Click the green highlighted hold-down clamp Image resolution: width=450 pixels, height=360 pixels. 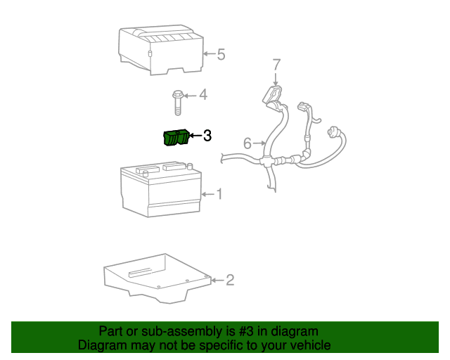click(x=176, y=138)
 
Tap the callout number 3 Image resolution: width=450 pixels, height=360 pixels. click(x=207, y=136)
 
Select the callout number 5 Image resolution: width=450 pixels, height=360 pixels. click(x=221, y=54)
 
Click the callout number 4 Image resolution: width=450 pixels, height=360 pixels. click(x=203, y=95)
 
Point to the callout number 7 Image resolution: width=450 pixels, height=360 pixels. click(x=276, y=65)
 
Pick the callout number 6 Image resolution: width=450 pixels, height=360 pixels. click(x=247, y=143)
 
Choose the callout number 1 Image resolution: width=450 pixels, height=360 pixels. click(x=219, y=194)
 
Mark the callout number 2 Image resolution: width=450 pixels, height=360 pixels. click(x=230, y=280)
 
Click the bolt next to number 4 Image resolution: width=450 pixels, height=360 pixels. click(x=178, y=103)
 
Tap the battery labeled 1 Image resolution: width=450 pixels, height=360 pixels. click(x=161, y=189)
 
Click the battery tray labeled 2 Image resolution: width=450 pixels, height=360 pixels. click(x=157, y=278)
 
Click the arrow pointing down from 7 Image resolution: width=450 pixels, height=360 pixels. click(x=276, y=79)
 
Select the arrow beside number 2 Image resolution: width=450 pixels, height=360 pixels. click(x=219, y=280)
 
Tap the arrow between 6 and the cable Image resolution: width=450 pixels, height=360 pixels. click(x=259, y=143)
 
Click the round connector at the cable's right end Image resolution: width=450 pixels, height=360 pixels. click(x=333, y=133)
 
